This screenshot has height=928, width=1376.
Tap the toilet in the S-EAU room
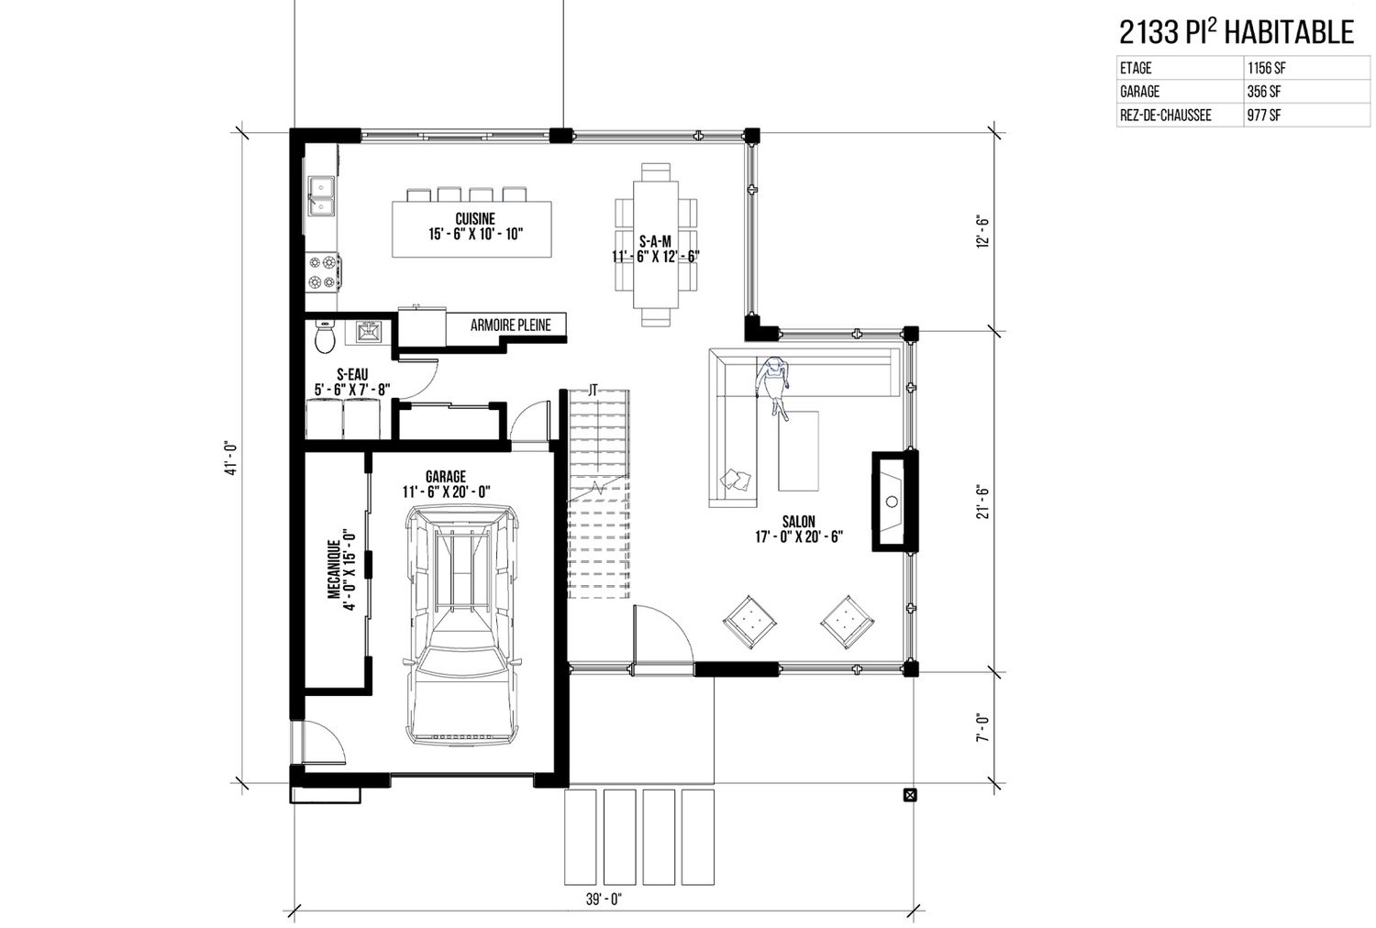pyautogui.click(x=325, y=336)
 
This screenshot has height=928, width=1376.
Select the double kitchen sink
pyautogui.click(x=321, y=196)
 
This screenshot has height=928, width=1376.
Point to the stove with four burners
pyautogui.click(x=323, y=272)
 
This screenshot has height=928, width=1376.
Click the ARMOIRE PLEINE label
pyautogui.click(x=510, y=326)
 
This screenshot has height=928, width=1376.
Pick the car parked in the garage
pyautogui.click(x=461, y=624)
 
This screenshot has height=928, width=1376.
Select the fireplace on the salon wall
pyautogui.click(x=895, y=502)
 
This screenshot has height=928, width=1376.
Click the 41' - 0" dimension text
pyautogui.click(x=230, y=458)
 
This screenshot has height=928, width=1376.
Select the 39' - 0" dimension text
pyautogui.click(x=604, y=900)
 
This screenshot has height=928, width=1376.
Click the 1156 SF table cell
pyautogui.click(x=1266, y=68)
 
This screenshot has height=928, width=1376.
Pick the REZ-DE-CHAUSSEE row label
pyautogui.click(x=1165, y=116)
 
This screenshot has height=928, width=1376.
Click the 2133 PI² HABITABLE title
pyautogui.click(x=1237, y=32)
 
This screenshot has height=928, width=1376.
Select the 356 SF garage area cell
pyautogui.click(x=1263, y=92)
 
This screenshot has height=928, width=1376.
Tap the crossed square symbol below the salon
pyautogui.click(x=910, y=795)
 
